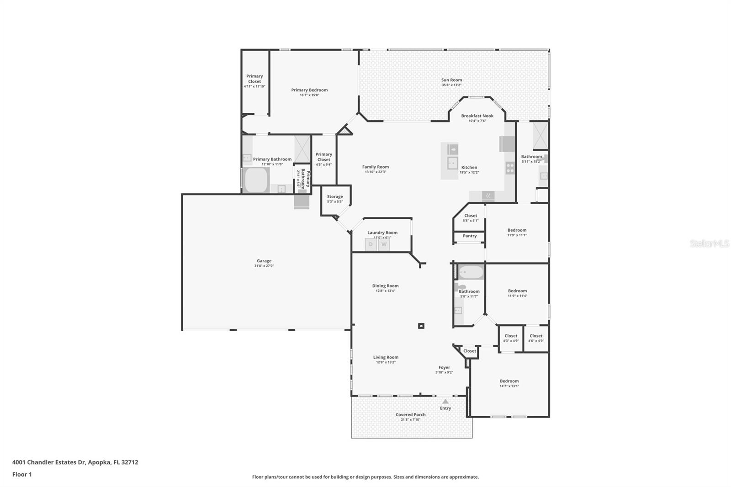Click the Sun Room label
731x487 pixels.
click(x=451, y=80)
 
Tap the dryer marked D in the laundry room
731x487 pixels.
click(x=371, y=244)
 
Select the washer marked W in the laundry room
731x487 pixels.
click(x=384, y=244)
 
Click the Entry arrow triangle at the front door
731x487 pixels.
click(x=445, y=401)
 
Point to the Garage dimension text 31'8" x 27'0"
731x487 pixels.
click(x=264, y=266)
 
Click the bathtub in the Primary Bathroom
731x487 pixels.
click(x=256, y=180)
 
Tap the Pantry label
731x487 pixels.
click(x=470, y=236)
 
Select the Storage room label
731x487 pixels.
click(x=335, y=196)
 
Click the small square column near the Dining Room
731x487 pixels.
click(x=421, y=326)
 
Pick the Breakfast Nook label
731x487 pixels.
click(x=477, y=116)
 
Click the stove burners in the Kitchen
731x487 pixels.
click(x=510, y=168)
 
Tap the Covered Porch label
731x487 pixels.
click(x=410, y=415)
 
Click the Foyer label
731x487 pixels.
click(x=444, y=367)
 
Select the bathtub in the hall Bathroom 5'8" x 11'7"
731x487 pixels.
click(x=471, y=273)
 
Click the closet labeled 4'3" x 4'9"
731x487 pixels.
click(x=511, y=338)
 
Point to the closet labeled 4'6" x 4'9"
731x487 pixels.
click(x=536, y=338)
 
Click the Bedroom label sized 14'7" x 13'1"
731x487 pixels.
click(x=509, y=381)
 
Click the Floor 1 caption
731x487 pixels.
click(x=22, y=474)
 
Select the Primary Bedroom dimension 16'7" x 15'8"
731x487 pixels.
click(x=309, y=95)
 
